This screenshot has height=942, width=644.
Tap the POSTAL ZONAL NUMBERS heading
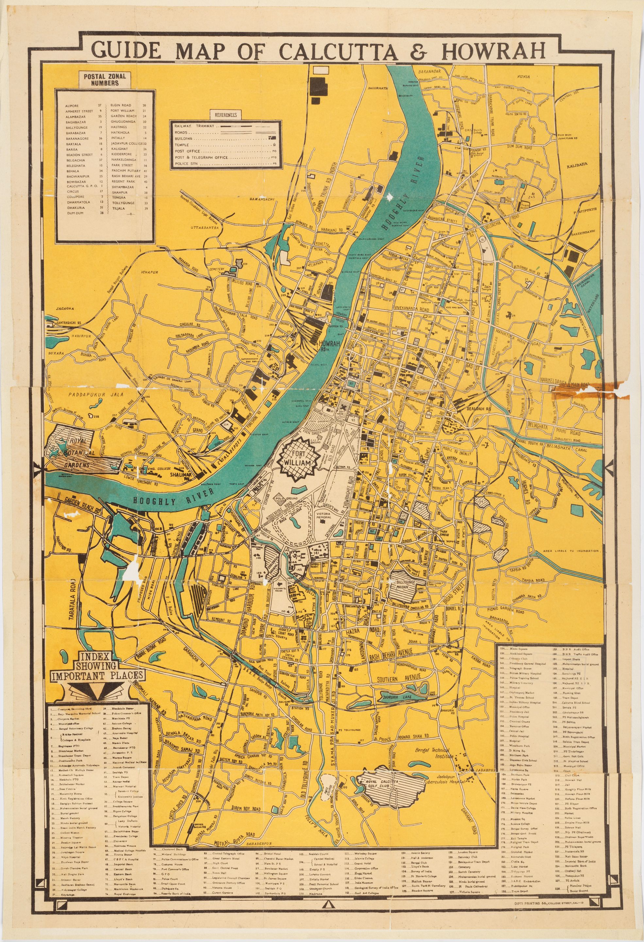[105, 79]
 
